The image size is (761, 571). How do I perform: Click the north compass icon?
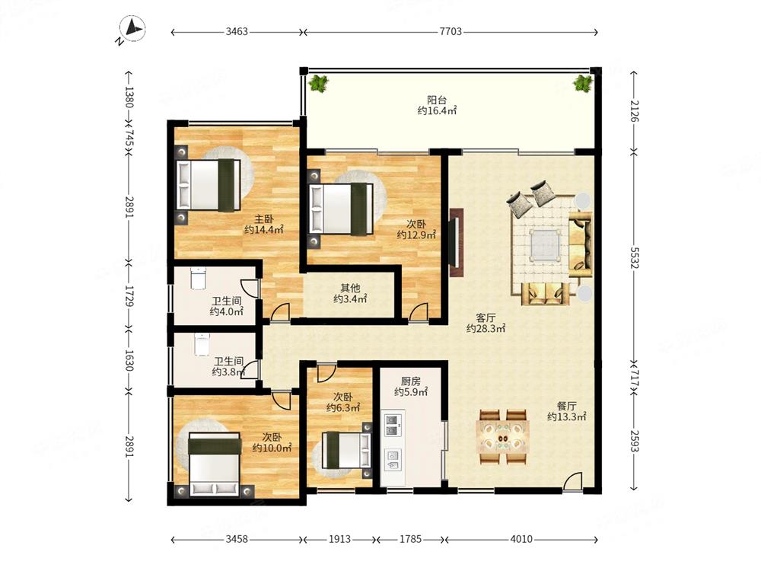tap(132, 29)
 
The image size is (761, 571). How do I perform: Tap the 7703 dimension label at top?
tap(451, 31)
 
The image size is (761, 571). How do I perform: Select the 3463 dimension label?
tap(237, 31)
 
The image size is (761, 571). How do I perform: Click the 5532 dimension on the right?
tap(635, 257)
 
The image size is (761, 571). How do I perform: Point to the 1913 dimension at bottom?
tap(339, 539)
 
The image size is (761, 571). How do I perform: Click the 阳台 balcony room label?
tap(437, 100)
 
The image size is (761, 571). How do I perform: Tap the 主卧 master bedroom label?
tap(264, 219)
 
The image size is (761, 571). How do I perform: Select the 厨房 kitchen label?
tap(411, 381)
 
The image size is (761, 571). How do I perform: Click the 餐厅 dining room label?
tap(566, 406)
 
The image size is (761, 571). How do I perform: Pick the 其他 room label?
tap(350, 289)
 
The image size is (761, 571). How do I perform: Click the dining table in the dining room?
tap(503, 436)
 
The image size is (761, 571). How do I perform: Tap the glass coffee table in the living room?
tap(546, 245)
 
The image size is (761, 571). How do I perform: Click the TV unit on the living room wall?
tap(456, 243)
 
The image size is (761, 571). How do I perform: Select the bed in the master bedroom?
tap(209, 184)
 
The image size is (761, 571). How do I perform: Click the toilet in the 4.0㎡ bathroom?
tap(198, 278)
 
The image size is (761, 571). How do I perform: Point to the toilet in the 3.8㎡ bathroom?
tap(202, 344)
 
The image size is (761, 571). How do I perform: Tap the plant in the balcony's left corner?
tap(319, 83)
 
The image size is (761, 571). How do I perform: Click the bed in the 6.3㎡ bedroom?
tap(346, 450)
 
